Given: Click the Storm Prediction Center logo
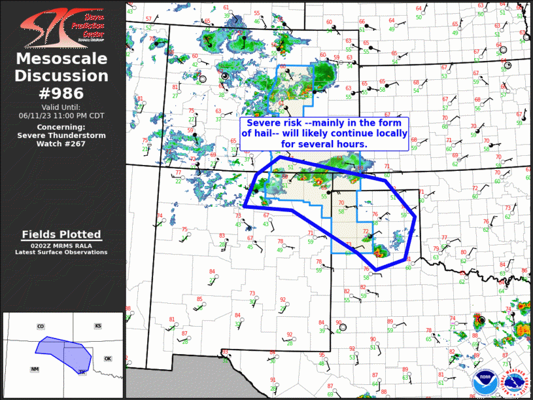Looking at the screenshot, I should point(62,25).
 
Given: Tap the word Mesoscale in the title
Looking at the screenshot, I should point(61,60).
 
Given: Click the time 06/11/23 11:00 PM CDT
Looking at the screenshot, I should point(62,115).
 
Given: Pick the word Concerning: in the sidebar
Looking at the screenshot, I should point(61,126).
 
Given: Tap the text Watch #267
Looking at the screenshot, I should point(61,143).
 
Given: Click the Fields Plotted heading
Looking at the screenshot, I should point(61,234).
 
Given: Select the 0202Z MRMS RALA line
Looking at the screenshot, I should point(61,245).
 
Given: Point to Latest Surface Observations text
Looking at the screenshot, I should point(61,252).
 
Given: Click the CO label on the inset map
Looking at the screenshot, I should point(41,326).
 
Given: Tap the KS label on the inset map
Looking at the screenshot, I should point(98,326).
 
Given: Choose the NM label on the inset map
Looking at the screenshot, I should point(34,369).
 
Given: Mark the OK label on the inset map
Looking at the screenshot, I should point(108,359).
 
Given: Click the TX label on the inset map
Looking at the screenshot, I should point(82,373).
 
